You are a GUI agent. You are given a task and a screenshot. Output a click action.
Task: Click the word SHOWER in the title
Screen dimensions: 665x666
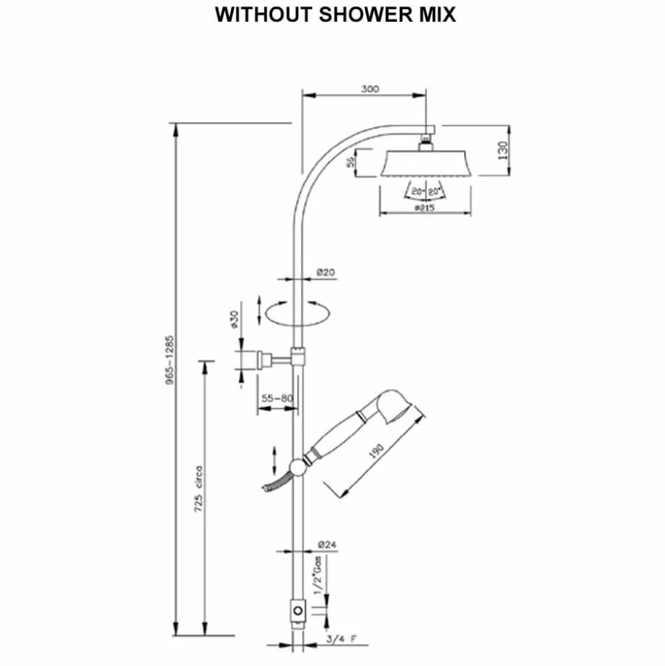coord(365,14)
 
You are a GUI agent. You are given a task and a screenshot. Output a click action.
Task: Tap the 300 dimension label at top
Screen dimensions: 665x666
coord(370,88)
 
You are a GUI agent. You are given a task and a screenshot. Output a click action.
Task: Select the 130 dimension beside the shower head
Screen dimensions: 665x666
coord(503,150)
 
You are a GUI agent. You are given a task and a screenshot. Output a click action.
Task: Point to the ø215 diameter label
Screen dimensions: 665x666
coord(424,208)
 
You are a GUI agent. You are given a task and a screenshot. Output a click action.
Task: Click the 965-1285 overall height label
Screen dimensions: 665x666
coord(170,360)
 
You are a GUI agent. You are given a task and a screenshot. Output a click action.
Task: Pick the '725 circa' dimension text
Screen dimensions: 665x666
coord(198,489)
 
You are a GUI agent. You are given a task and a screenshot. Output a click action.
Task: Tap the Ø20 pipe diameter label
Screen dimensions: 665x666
coord(326,272)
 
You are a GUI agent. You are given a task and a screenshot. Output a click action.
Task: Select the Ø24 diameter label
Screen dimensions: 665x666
coord(327,544)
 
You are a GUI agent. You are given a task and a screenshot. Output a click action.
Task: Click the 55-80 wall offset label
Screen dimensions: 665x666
coord(277,399)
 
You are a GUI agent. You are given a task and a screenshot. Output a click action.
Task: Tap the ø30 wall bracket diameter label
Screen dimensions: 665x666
coord(234,320)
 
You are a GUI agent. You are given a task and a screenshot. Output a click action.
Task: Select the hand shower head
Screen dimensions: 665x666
coord(394,405)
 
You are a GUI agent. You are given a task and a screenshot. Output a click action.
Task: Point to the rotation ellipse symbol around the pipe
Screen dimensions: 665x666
coord(297,314)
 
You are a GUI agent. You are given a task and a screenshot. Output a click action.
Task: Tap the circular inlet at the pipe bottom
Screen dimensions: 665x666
coord(298,610)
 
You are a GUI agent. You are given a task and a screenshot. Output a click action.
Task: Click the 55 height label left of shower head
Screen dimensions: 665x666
coord(350,162)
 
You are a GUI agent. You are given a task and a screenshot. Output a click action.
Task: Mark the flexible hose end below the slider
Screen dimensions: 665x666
coord(266,488)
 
